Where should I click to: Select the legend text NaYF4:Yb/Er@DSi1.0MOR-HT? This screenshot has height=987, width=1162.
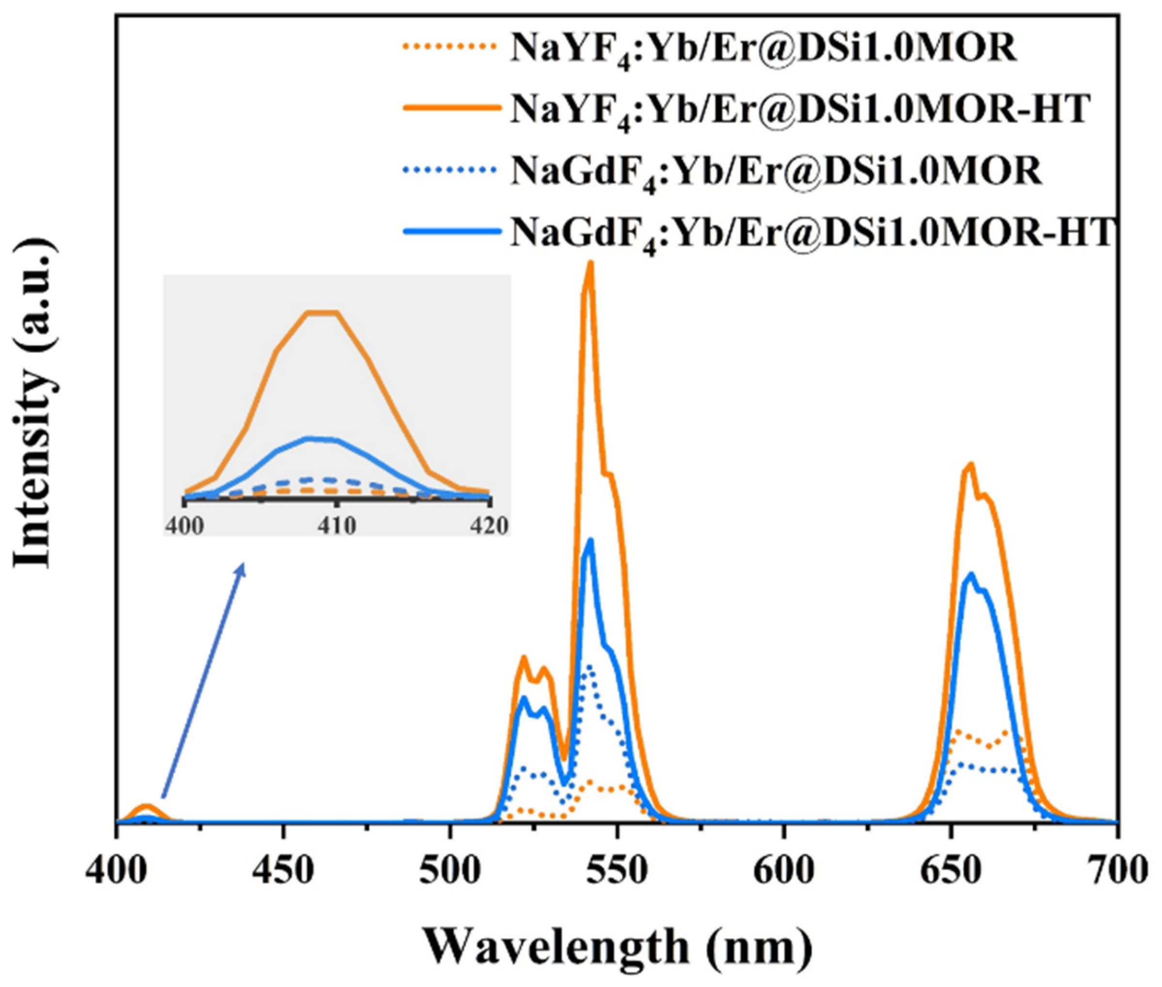[800, 110]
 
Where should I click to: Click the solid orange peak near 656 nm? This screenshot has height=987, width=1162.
[971, 464]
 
